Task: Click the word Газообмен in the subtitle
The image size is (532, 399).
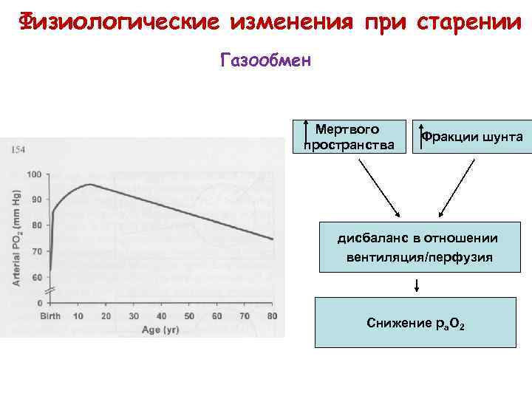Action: point(266,59)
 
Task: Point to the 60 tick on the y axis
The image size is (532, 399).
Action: point(35,277)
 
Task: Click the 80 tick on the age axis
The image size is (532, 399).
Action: point(273,316)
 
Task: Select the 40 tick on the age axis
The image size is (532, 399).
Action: point(162,316)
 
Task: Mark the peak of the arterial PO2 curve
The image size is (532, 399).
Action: point(89,184)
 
